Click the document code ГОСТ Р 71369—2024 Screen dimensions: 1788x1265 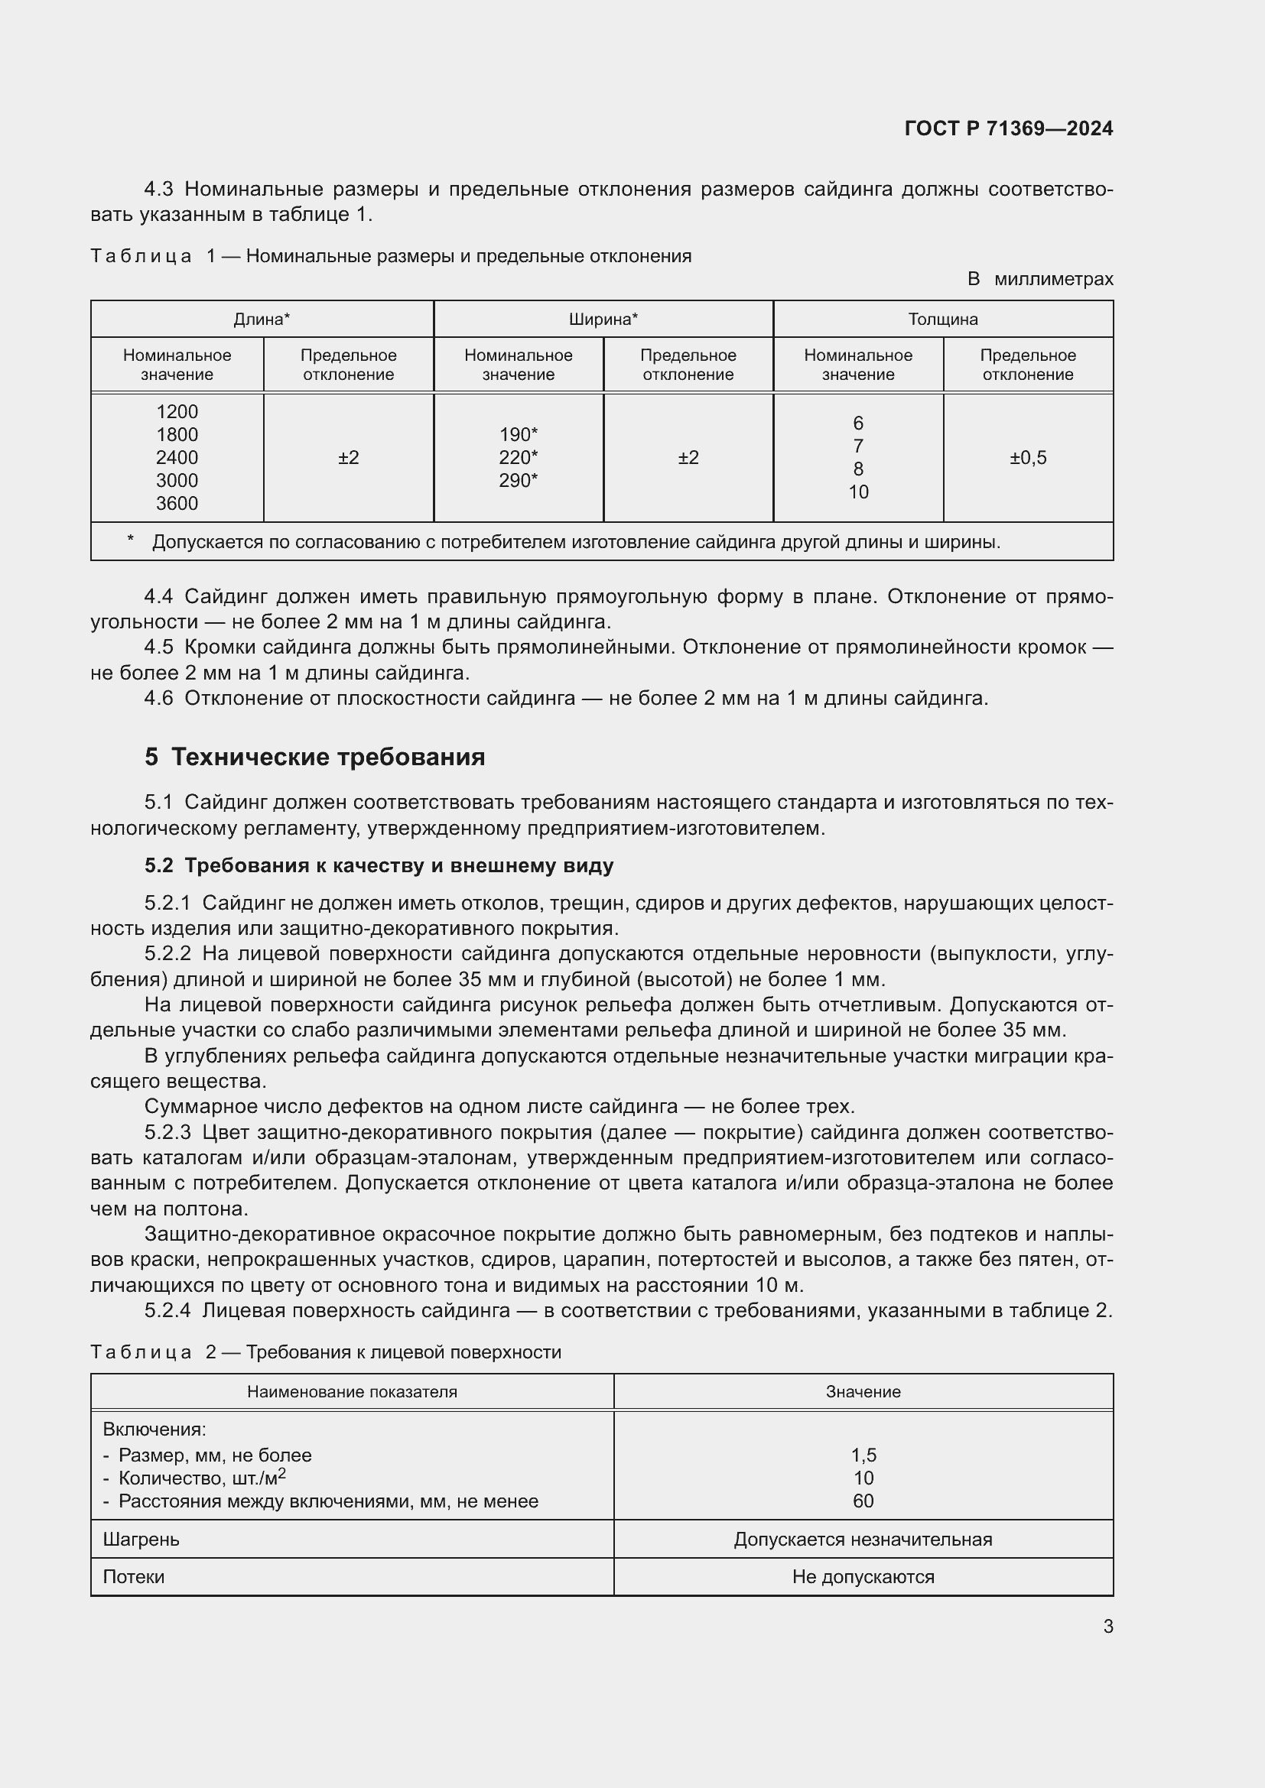[1008, 128]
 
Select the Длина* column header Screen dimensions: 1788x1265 [262, 320]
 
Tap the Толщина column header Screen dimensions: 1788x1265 [942, 320]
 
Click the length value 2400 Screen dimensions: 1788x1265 [177, 458]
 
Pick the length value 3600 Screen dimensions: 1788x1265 [177, 504]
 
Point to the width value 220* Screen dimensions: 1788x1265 [518, 458]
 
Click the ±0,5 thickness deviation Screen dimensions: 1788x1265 [1027, 458]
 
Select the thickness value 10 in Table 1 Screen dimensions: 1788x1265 [857, 492]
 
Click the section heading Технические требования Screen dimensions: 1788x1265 [327, 757]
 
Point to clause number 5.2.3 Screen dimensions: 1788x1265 [167, 1132]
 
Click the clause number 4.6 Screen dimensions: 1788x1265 [159, 699]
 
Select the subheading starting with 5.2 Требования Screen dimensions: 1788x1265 [379, 866]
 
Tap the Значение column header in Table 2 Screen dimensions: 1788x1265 [862, 1391]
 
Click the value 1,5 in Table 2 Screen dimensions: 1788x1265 [863, 1455]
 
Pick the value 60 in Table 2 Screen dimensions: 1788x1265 [863, 1501]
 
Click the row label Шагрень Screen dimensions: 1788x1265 [141, 1540]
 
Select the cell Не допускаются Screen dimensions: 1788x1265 [862, 1577]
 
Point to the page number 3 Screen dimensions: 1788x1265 [1107, 1626]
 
